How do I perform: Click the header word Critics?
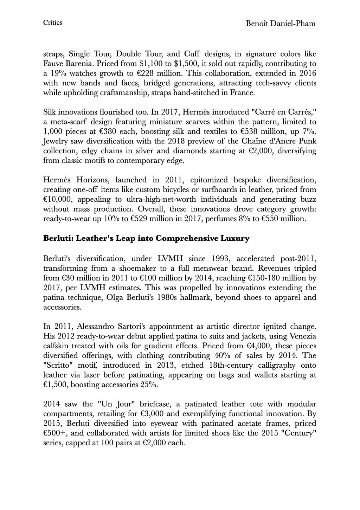[x=53, y=23]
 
